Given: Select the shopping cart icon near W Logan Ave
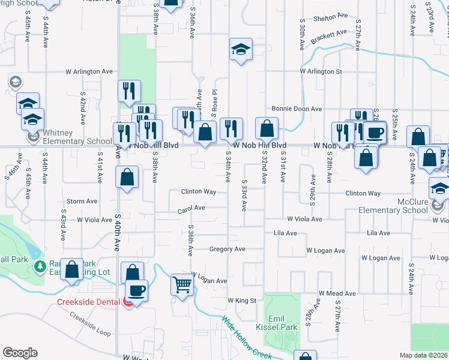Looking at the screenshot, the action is pos(182,284).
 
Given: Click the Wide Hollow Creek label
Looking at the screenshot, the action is pos(247,338).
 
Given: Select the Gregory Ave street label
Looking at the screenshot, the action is pos(228,249).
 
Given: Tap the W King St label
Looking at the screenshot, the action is pos(242,300).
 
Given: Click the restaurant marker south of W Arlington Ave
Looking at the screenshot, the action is pos(130,91).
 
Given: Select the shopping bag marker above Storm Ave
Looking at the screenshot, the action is pos(127,176).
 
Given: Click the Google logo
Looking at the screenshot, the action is pos(20,353).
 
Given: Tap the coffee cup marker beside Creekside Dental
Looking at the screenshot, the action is pos(137,291).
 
